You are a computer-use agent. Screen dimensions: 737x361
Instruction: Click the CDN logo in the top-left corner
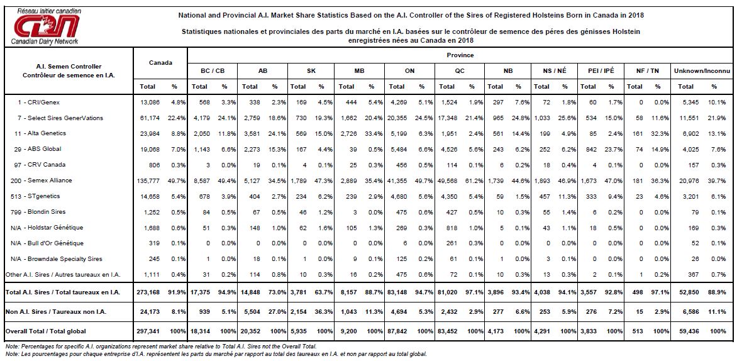(x=46, y=26)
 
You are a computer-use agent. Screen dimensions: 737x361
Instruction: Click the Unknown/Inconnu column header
(x=702, y=70)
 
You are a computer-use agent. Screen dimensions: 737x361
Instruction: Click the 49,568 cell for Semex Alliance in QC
(x=447, y=181)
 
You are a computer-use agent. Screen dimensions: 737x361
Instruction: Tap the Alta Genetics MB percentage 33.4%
(x=371, y=133)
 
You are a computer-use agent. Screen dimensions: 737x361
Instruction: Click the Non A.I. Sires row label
(x=55, y=311)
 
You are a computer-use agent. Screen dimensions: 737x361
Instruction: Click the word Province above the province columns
(x=460, y=55)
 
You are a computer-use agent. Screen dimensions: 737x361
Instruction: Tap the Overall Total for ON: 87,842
(x=397, y=331)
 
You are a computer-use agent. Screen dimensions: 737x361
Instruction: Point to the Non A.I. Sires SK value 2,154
(x=298, y=311)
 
